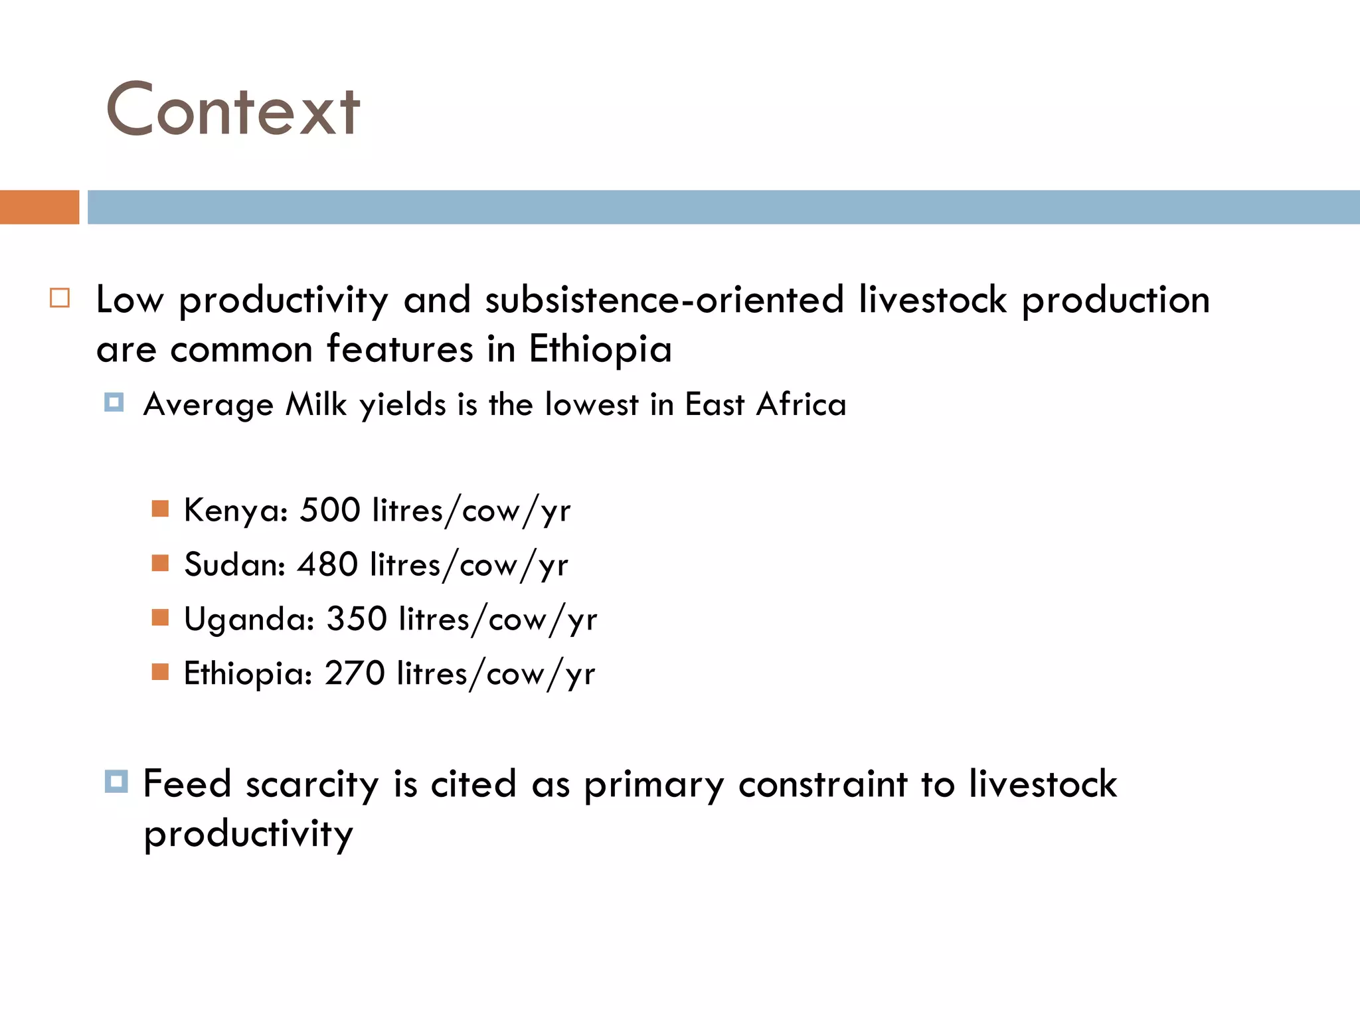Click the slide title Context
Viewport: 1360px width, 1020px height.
232,110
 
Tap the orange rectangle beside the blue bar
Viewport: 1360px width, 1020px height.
39,207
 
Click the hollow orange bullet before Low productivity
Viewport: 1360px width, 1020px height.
60,298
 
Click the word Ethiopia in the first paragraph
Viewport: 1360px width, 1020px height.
600,349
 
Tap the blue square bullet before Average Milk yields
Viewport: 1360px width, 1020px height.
114,402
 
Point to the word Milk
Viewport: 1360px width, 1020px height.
316,404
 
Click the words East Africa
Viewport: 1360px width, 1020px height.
766,404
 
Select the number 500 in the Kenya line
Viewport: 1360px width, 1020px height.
330,510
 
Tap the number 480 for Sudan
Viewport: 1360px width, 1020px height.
327,564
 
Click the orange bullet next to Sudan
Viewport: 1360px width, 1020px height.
160,563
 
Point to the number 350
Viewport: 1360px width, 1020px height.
357,619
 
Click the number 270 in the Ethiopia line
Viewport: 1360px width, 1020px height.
355,673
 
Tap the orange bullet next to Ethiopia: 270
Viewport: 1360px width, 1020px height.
160,672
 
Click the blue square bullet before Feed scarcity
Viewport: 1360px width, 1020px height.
116,782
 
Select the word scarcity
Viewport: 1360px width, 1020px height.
312,785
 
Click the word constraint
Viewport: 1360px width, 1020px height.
822,785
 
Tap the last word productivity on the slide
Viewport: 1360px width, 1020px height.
248,834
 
